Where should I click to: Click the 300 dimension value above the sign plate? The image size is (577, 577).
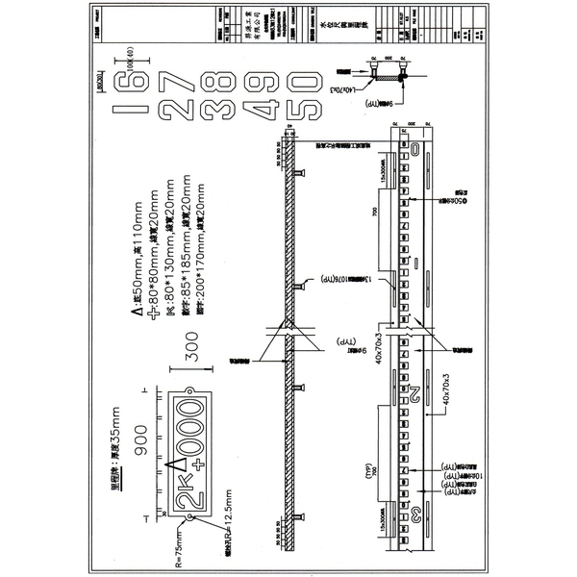tap(191, 352)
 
